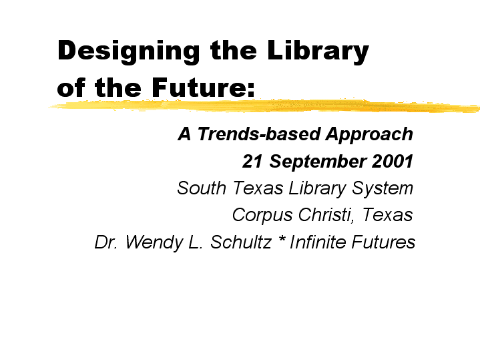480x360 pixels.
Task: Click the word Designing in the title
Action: tap(129, 51)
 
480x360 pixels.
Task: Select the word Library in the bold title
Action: tap(318, 51)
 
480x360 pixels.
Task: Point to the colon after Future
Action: tap(251, 90)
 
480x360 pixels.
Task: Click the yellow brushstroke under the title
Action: tap(264, 106)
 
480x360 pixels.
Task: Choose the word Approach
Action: tap(369, 136)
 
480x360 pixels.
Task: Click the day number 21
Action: tap(252, 162)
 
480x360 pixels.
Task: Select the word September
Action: tap(318, 162)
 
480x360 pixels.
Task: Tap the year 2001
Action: tap(393, 162)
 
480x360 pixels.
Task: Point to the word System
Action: tap(383, 189)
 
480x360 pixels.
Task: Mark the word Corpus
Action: tap(262, 216)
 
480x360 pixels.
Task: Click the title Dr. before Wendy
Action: tap(106, 242)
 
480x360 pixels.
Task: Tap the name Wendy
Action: tap(155, 243)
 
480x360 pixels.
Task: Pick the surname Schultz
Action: tap(241, 242)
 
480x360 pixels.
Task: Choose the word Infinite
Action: tap(318, 242)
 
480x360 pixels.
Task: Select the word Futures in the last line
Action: tap(383, 242)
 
